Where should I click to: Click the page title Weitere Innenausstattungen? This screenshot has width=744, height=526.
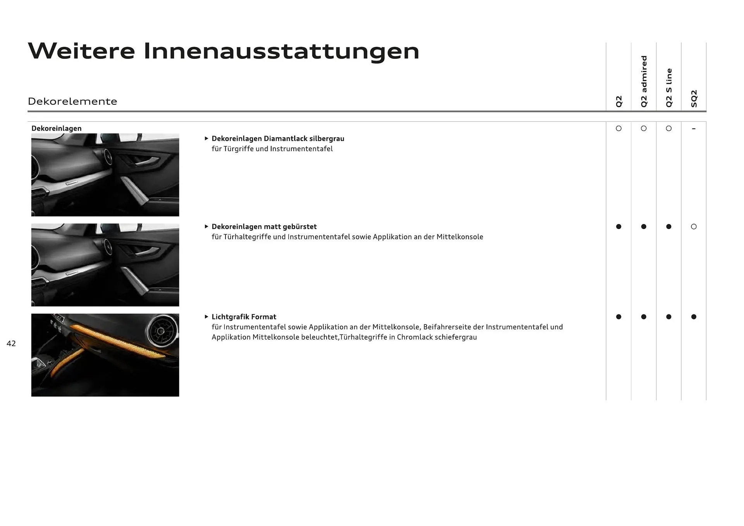(x=224, y=51)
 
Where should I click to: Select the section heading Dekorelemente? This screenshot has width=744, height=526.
(x=72, y=102)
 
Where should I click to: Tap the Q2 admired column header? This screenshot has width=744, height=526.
(x=644, y=81)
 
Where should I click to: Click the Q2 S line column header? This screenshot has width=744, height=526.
(x=669, y=88)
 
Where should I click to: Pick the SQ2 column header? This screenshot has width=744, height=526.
(x=694, y=98)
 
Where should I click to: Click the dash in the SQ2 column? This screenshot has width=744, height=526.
(x=694, y=129)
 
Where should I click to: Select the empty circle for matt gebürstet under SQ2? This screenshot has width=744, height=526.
(x=694, y=227)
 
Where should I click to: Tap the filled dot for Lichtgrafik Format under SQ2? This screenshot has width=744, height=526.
(x=694, y=317)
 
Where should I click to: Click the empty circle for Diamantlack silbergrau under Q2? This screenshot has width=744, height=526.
(x=618, y=129)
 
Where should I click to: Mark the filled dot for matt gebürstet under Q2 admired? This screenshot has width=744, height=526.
(x=644, y=227)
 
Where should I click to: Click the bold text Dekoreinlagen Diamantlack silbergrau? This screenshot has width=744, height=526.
(x=278, y=139)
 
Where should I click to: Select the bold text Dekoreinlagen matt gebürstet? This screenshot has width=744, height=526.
(x=264, y=227)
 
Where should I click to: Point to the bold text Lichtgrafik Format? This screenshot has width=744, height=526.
(x=244, y=317)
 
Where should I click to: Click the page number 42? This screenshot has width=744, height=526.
(x=11, y=343)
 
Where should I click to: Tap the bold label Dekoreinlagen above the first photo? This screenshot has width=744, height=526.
(x=57, y=128)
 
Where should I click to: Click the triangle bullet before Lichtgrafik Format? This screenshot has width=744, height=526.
(x=207, y=317)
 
